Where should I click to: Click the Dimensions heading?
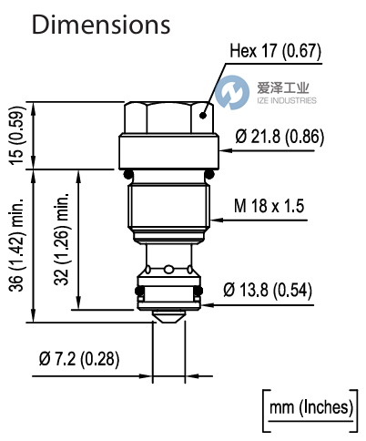tap(101, 24)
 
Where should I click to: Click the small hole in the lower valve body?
tap(169, 268)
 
